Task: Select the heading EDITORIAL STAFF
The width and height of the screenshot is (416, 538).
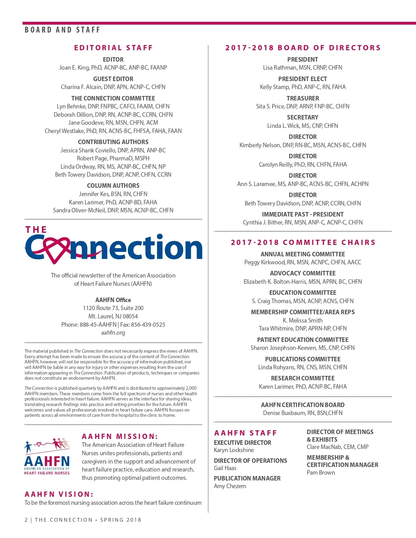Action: [x=113, y=48]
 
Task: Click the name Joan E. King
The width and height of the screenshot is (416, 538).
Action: [x=74, y=68]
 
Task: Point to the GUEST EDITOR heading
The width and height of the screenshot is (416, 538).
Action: [x=113, y=79]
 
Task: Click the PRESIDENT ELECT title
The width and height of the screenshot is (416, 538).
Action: [x=303, y=79]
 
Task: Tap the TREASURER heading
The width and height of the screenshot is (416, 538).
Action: [x=303, y=98]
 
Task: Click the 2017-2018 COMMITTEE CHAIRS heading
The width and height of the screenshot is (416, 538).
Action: [x=303, y=242]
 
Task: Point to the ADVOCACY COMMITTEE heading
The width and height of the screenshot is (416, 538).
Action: [x=303, y=273]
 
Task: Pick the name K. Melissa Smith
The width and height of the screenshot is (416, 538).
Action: [x=303, y=320]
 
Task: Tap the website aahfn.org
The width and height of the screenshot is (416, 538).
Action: [x=113, y=333]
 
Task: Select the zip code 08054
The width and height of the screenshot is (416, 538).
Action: [x=130, y=316]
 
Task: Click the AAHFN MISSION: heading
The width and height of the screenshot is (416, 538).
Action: [x=120, y=436]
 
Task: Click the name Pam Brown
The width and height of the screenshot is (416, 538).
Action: [x=321, y=473]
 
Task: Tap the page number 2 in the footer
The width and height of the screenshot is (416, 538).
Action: [x=26, y=520]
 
